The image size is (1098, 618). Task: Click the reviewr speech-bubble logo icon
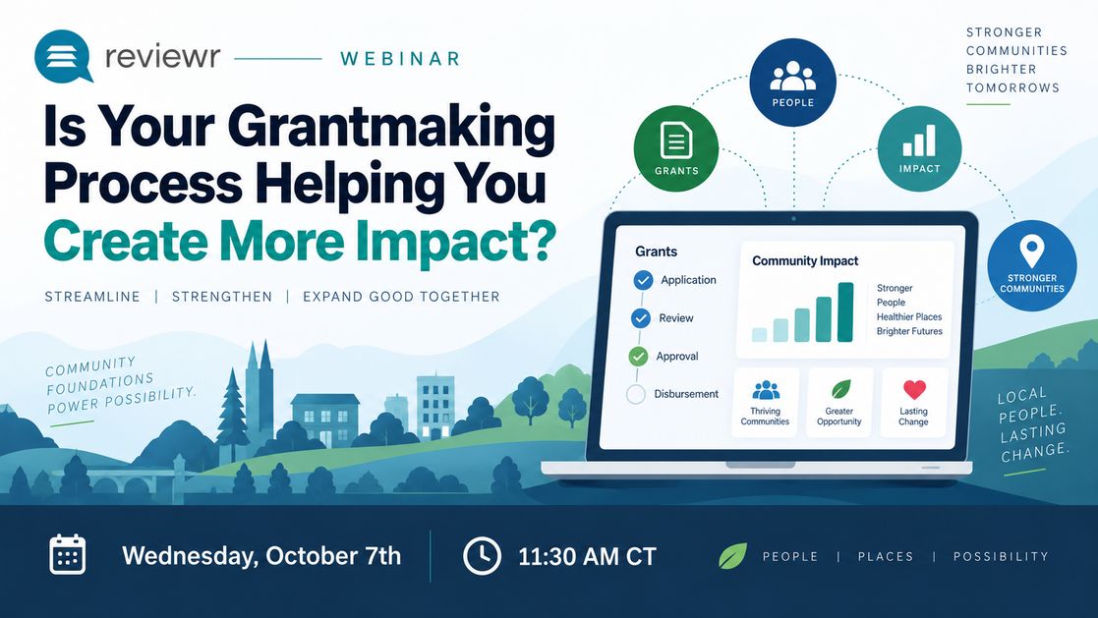point(63,56)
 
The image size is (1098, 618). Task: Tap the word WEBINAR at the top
point(400,59)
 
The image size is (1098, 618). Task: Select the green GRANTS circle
point(675,148)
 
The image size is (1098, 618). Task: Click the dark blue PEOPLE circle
point(792,82)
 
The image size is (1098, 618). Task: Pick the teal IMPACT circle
point(919,148)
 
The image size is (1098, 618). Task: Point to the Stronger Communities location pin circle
point(1032,266)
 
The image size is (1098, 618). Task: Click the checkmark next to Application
point(643,280)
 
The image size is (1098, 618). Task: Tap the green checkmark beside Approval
point(638,357)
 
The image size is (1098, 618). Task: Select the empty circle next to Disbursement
point(636,394)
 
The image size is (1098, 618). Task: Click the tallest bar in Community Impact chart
point(845,312)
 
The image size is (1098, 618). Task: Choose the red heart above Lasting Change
point(914,389)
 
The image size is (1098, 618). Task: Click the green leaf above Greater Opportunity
point(840,389)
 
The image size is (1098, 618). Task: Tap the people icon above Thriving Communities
point(766,390)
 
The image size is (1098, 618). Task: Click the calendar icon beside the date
point(68,554)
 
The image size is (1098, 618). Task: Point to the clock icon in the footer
point(482,556)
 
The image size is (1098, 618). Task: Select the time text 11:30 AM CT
point(587,556)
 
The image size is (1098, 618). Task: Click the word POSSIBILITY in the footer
point(1001,556)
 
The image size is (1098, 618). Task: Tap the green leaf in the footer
point(732,556)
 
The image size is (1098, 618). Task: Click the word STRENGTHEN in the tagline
point(222,297)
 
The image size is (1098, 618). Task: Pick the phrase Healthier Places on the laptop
point(909,317)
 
